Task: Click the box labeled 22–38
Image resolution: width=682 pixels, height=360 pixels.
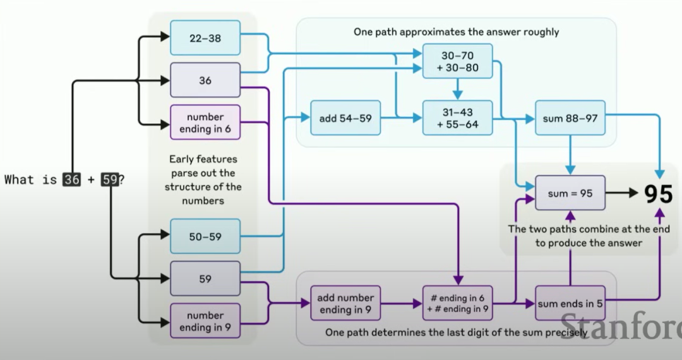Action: click(205, 38)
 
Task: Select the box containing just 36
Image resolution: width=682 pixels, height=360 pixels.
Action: click(205, 80)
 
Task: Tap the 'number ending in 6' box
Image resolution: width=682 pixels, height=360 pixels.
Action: click(205, 123)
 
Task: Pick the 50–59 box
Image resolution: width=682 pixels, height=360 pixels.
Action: click(205, 236)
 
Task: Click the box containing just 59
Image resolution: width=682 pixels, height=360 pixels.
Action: click(205, 279)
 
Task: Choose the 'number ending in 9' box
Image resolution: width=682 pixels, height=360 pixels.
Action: click(205, 321)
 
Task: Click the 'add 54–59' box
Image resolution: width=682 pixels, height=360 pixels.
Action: click(345, 117)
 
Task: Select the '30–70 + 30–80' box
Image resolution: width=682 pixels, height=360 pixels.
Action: click(458, 61)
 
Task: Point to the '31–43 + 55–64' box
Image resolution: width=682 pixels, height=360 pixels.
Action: click(458, 118)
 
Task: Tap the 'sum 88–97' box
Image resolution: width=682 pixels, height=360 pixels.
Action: click(570, 117)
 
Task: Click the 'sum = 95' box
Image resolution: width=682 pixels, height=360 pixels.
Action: click(570, 193)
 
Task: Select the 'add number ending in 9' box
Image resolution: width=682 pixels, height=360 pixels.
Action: click(346, 303)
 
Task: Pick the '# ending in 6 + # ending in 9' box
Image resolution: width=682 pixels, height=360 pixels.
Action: click(458, 303)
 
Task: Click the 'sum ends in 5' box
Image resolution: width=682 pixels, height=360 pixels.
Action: click(570, 303)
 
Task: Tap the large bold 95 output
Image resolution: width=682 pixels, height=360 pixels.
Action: click(658, 194)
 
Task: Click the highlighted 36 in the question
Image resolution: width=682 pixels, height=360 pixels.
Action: click(72, 180)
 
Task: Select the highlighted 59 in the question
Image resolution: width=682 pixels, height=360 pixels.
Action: click(110, 180)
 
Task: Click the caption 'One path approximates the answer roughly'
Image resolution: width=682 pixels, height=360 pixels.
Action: click(456, 32)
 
